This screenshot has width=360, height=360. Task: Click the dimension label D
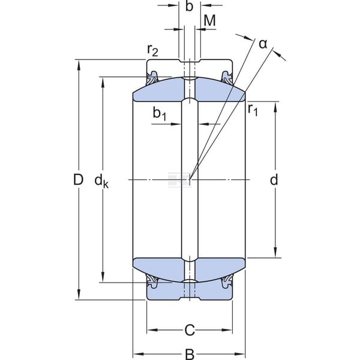click(x=78, y=179)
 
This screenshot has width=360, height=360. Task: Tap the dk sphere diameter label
click(x=101, y=181)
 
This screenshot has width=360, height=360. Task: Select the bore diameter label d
click(x=274, y=179)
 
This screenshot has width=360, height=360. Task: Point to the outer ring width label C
click(x=190, y=330)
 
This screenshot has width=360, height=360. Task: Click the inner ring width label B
click(x=190, y=355)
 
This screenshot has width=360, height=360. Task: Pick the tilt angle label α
click(x=263, y=44)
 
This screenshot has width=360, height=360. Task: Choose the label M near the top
click(x=209, y=20)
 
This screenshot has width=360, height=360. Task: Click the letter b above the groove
click(x=189, y=6)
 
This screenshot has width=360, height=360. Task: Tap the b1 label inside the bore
click(x=160, y=113)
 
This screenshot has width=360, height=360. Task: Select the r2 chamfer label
click(x=152, y=50)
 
